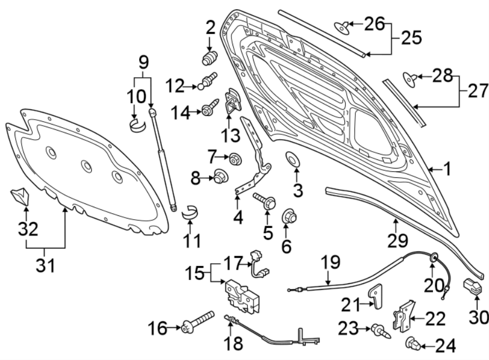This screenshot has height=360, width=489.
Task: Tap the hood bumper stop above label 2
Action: point(210,58)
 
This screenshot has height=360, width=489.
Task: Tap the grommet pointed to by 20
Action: point(434,258)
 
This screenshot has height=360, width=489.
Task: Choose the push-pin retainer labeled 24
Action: point(413,343)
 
